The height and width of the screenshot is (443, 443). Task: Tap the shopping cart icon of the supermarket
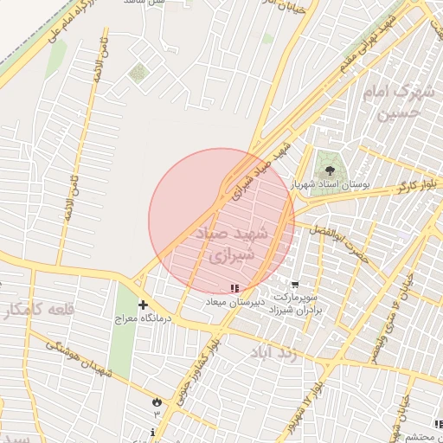click(x=295, y=284)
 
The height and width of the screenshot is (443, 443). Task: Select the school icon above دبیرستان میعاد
click(x=234, y=287)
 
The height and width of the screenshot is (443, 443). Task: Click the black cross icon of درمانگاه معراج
click(x=143, y=305)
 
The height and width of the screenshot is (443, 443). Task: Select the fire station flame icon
click(x=157, y=401)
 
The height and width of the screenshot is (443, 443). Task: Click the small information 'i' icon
click(x=153, y=432)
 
